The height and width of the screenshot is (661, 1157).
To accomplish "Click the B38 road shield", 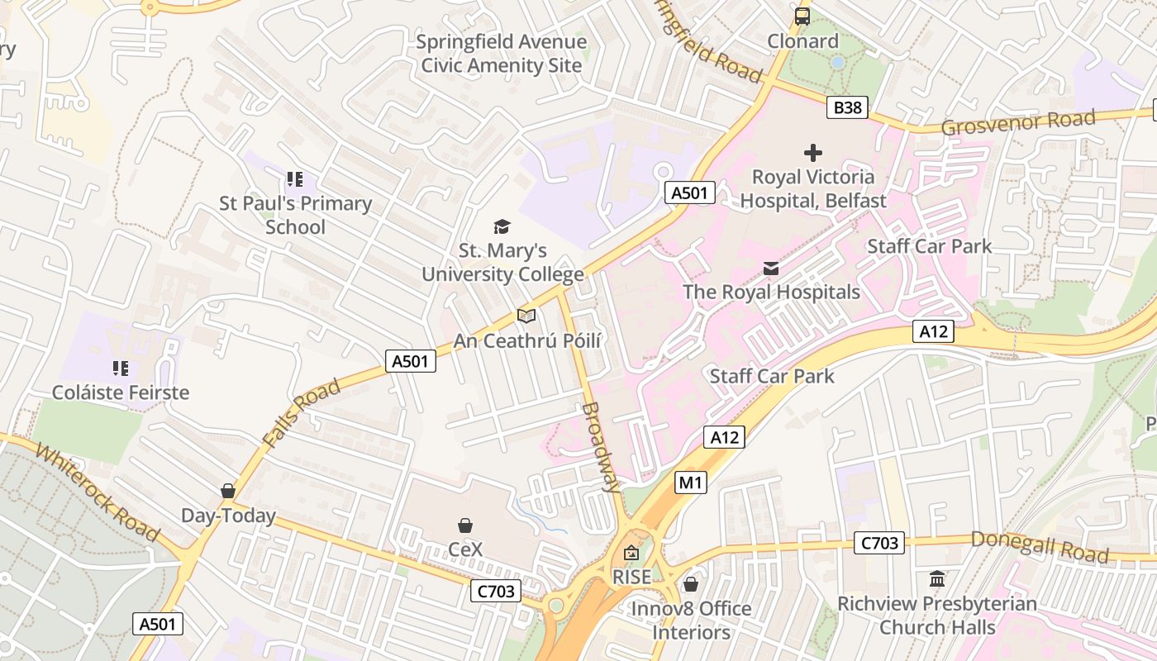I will coord(847,107).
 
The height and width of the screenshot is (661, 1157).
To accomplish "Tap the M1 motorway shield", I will coord(691,483).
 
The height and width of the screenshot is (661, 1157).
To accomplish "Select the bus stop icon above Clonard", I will coord(802,16).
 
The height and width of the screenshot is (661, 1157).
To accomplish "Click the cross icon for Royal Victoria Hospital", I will coord(813,152).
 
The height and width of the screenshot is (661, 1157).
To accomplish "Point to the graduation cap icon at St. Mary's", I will coord(502,226).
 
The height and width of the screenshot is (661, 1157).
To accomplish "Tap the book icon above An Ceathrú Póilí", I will coord(526,316).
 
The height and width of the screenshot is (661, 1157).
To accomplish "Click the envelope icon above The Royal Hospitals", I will coord(771,269).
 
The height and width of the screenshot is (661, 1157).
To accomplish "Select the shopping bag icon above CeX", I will coord(465,525).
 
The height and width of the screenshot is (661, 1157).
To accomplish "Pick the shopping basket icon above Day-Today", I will coord(228,492).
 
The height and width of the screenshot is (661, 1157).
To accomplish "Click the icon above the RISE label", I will coord(631,553).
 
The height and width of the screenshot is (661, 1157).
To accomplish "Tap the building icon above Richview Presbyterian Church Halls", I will coord(937,579).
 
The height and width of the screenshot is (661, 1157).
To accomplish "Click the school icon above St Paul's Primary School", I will coord(295,179).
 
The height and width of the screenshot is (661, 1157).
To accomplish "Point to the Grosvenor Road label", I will coord(1018,122).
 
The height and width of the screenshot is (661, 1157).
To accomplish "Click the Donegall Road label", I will coord(1039,547).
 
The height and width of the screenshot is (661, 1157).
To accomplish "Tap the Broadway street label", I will coord(601,447).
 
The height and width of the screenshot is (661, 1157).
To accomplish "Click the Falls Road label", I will coord(302,414).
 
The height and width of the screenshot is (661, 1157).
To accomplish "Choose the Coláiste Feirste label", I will coord(121,392).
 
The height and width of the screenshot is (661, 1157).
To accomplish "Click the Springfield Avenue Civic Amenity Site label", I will coord(502,54).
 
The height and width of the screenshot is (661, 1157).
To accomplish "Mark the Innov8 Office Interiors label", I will coord(691,621).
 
